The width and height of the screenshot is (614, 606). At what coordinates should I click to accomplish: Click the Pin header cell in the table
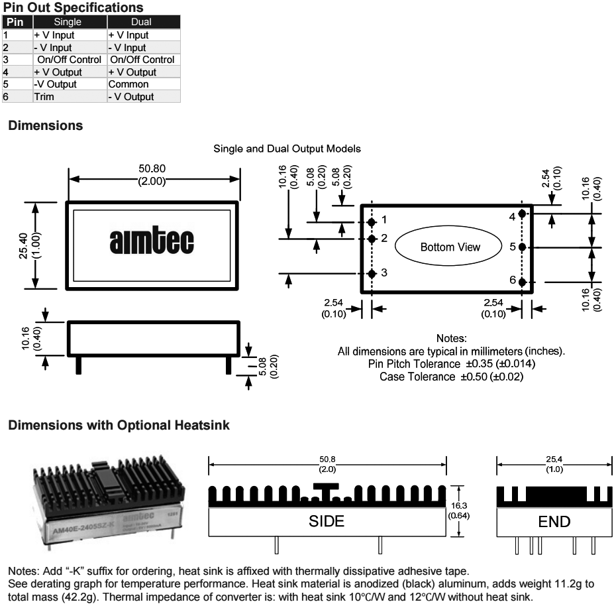(x=15, y=23)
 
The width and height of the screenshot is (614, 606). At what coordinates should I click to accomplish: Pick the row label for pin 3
(x=5, y=60)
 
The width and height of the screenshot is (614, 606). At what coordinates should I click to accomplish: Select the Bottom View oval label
(x=450, y=247)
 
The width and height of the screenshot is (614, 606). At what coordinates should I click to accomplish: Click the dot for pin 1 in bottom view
(x=372, y=221)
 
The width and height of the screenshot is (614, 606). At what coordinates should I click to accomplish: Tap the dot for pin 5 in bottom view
(x=522, y=247)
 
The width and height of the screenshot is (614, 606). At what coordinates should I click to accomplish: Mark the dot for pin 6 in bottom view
(x=522, y=282)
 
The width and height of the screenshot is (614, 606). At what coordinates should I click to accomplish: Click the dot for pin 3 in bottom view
(x=372, y=273)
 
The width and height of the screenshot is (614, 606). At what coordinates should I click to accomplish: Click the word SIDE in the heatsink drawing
(x=327, y=521)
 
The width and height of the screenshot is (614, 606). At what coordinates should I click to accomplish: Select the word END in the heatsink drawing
(x=554, y=521)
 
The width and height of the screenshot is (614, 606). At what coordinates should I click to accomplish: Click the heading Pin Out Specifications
(x=73, y=8)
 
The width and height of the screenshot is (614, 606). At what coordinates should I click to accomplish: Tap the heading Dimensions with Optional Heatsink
(x=119, y=426)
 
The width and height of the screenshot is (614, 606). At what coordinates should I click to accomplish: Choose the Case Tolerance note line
(x=451, y=377)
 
